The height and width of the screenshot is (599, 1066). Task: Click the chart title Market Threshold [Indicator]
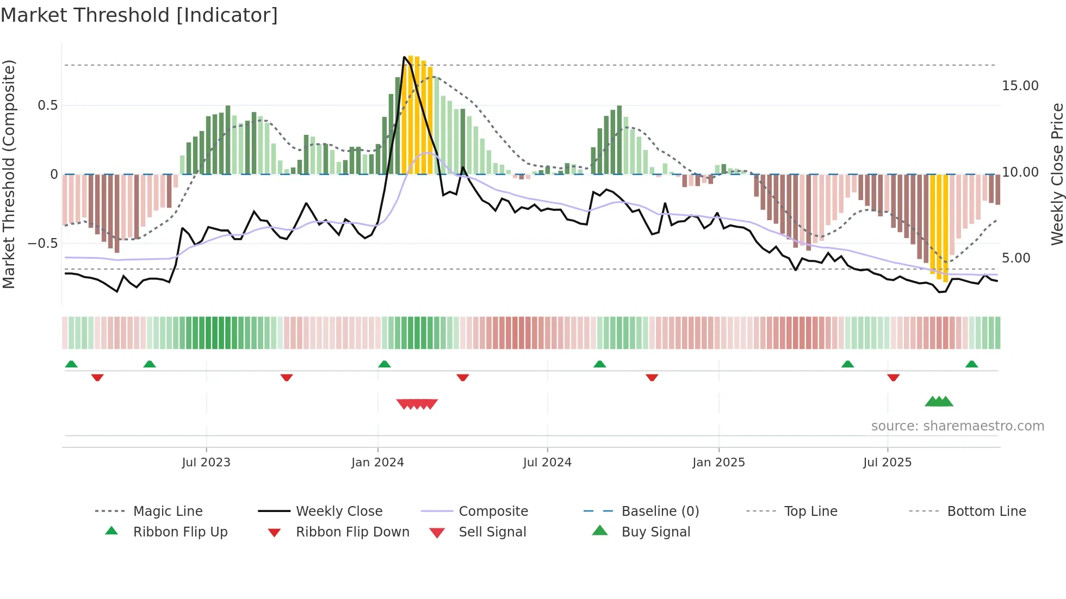click(139, 15)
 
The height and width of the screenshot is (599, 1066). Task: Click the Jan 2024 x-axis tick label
click(377, 463)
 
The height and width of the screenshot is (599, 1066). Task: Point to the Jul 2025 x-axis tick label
click(887, 463)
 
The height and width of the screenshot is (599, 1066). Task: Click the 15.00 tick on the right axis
click(1020, 86)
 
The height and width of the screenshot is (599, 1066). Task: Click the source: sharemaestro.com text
click(957, 426)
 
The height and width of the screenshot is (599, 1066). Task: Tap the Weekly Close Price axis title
click(1057, 174)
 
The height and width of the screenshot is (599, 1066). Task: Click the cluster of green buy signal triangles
click(939, 402)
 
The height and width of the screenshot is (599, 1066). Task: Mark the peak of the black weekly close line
click(404, 57)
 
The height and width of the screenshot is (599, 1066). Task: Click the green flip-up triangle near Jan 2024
click(385, 364)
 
